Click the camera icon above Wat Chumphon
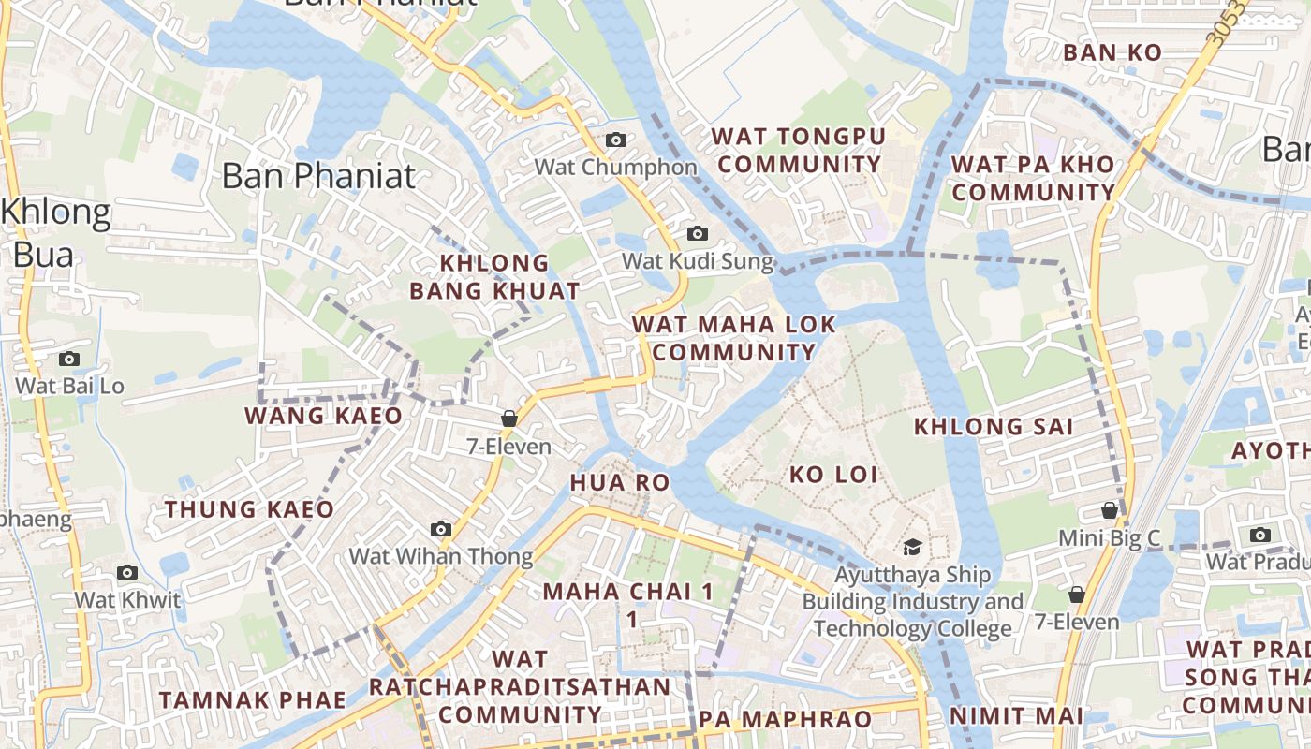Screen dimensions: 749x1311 (x=616, y=140)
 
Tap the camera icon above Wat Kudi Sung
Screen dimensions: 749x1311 (x=698, y=234)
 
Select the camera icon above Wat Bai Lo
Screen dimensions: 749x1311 (x=69, y=359)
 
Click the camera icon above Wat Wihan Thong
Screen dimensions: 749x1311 (x=441, y=530)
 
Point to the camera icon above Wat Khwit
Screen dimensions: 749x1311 (x=127, y=573)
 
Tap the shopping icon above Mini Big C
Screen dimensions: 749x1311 (x=1110, y=511)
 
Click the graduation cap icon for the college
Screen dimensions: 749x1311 (x=912, y=547)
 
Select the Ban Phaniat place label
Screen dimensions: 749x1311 (x=318, y=175)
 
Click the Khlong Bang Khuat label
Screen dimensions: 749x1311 (x=494, y=276)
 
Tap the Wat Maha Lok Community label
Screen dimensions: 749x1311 (x=734, y=338)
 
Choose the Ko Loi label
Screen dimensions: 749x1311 (x=833, y=475)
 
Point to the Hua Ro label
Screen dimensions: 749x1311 (x=620, y=482)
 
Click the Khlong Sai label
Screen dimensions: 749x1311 (x=994, y=427)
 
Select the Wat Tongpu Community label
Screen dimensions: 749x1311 (x=798, y=151)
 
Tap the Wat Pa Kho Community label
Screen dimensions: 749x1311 (x=1034, y=178)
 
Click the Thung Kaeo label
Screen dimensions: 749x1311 (x=249, y=509)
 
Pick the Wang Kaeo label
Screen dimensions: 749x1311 (x=324, y=416)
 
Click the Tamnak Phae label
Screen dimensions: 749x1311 (x=252, y=700)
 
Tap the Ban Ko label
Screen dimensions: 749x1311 (x=1112, y=52)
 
